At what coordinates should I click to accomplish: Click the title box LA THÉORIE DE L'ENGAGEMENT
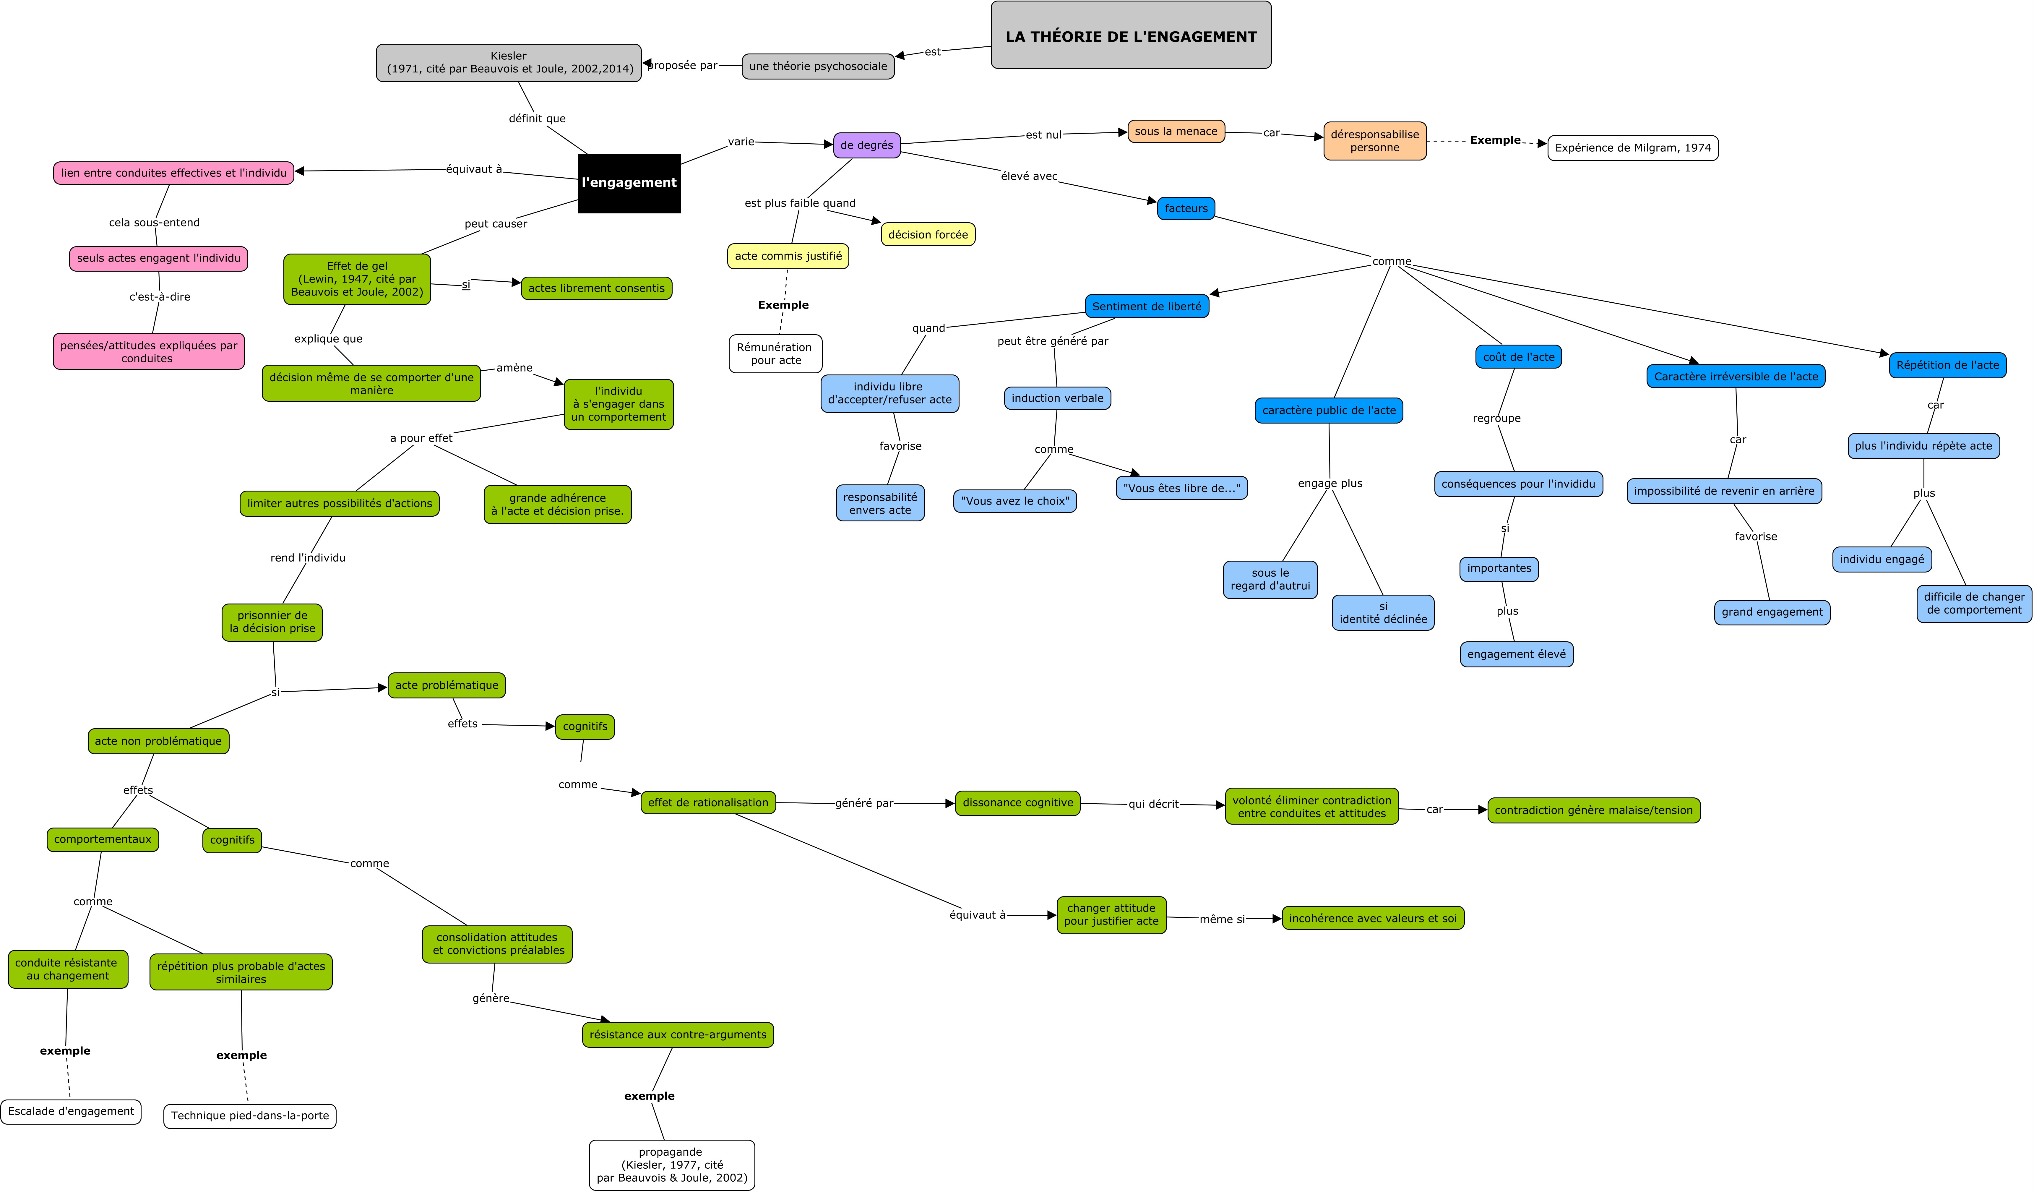click(1131, 35)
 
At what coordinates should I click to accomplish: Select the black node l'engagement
click(629, 183)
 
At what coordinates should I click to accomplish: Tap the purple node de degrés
click(867, 145)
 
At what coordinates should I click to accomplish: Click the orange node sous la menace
click(1176, 132)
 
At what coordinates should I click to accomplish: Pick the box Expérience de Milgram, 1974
click(1633, 148)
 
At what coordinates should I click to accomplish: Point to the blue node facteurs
click(1186, 208)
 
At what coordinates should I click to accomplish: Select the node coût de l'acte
click(1518, 357)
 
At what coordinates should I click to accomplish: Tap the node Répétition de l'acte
click(1948, 365)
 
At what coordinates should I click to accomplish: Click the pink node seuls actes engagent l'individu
click(159, 258)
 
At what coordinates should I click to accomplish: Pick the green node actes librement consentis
click(596, 288)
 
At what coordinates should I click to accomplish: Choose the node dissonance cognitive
click(1018, 803)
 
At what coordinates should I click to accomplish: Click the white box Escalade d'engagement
click(71, 1111)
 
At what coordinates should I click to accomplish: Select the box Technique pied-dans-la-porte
click(250, 1116)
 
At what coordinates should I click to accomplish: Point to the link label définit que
click(537, 119)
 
